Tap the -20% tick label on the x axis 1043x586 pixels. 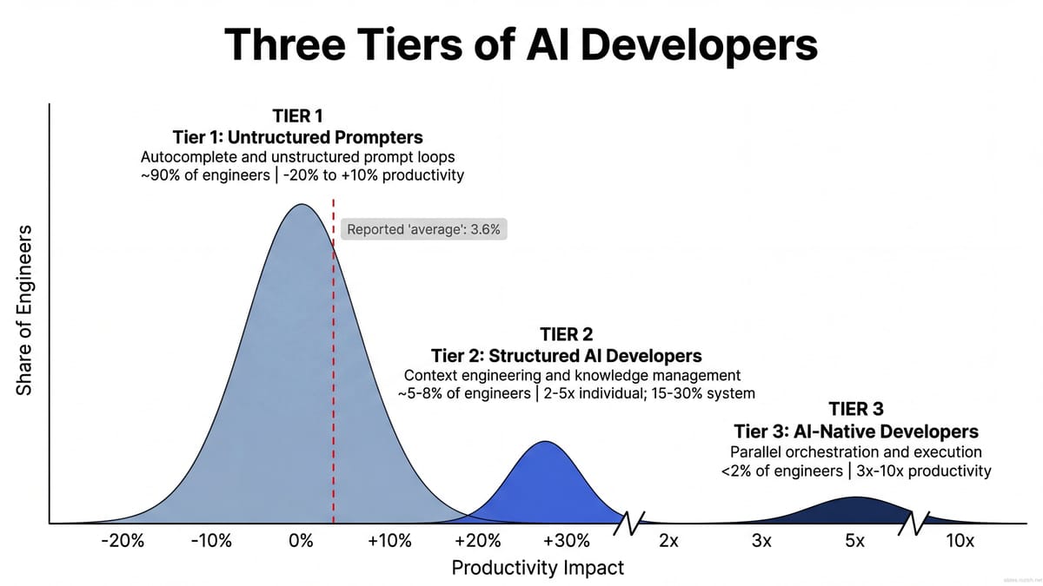coord(122,542)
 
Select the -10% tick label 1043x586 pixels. coord(210,542)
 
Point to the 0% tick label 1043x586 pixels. coord(301,542)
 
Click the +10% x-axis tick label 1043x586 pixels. coord(389,542)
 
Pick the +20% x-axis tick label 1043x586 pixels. coord(477,542)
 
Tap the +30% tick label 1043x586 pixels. coord(566,542)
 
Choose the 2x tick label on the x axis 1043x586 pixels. coord(668,542)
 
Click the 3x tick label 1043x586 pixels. coord(761,542)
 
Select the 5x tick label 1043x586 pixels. coord(854,542)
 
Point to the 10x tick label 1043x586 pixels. coord(960,542)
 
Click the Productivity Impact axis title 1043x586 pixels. coord(537,568)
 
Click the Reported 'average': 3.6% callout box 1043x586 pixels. coord(422,230)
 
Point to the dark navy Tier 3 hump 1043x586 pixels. coord(856,510)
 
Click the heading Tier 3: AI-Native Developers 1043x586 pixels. coord(855,431)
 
